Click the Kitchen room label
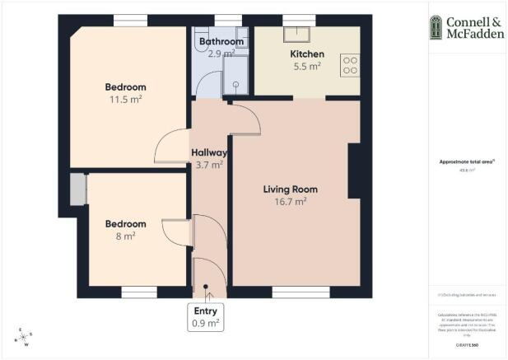pyautogui.click(x=306, y=54)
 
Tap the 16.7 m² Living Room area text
pyautogui.click(x=290, y=201)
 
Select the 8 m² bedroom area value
pyautogui.click(x=125, y=236)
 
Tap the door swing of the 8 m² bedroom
pyautogui.click(x=176, y=231)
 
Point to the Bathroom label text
pyautogui.click(x=221, y=42)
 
